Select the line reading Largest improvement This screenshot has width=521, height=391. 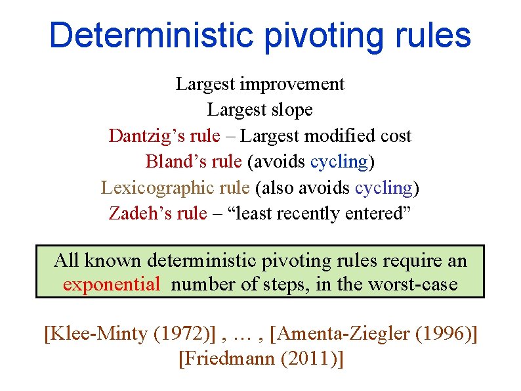point(260,84)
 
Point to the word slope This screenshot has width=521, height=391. point(289,110)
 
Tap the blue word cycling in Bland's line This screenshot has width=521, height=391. point(339,162)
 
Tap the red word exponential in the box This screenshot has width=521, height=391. point(112,285)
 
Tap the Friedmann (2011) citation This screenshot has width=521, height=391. point(260,359)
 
